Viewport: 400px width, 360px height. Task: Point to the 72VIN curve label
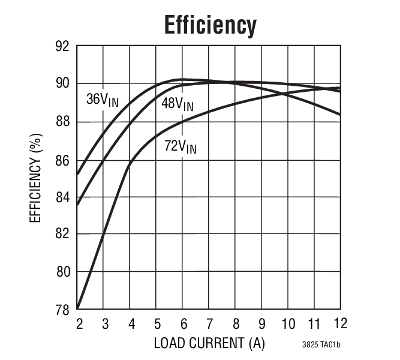(180, 146)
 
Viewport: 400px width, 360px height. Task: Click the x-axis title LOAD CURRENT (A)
(209, 343)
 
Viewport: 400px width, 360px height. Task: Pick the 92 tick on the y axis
(62, 47)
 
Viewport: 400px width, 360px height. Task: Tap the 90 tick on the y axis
(62, 83)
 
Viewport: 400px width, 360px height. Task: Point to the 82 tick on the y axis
(62, 234)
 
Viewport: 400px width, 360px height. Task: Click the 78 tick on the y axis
(62, 310)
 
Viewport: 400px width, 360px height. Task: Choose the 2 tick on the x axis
(79, 324)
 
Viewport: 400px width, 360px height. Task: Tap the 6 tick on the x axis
(183, 324)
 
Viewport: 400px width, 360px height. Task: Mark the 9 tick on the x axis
(261, 324)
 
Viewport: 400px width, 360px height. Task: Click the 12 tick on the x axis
(340, 323)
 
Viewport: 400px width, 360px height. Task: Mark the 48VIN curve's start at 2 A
(78, 205)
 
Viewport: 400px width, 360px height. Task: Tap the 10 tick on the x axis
(288, 324)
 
